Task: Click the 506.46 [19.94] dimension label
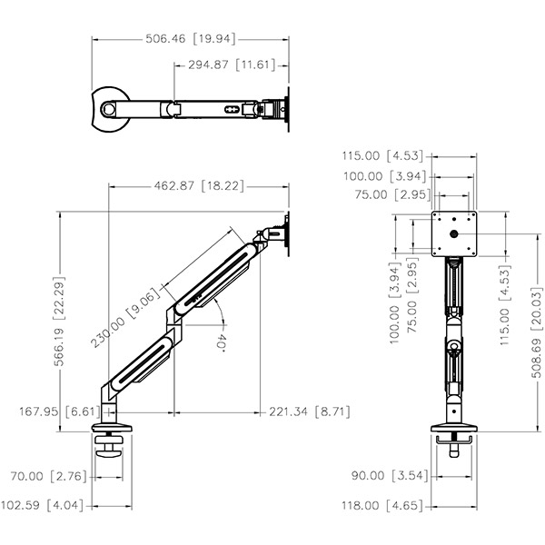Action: tap(191, 38)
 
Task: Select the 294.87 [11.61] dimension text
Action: tap(232, 64)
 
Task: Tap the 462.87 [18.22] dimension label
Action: tap(199, 185)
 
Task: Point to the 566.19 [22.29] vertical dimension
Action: tap(59, 322)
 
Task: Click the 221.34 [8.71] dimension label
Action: tap(310, 411)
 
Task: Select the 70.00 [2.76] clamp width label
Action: tap(49, 476)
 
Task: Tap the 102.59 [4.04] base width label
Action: tap(43, 505)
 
